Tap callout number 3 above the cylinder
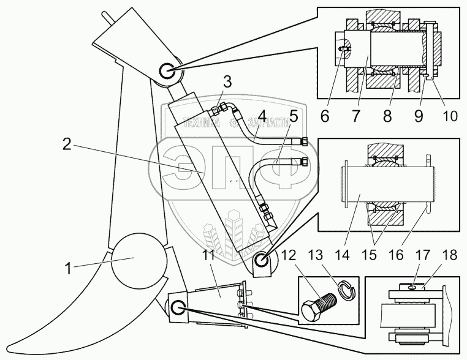click(x=227, y=82)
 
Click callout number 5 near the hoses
click(x=294, y=114)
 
